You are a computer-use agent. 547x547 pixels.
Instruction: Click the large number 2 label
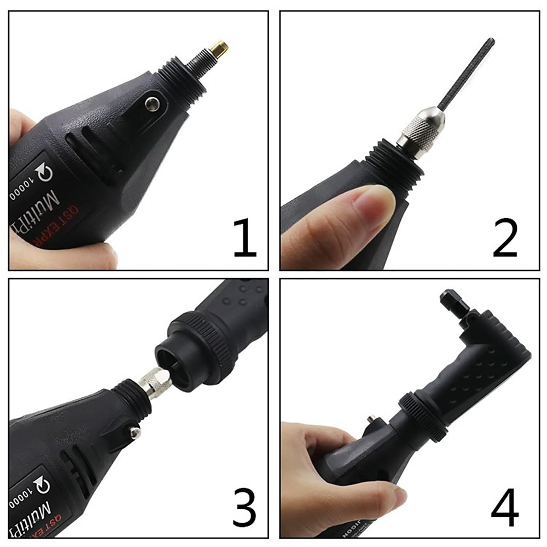(x=505, y=238)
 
